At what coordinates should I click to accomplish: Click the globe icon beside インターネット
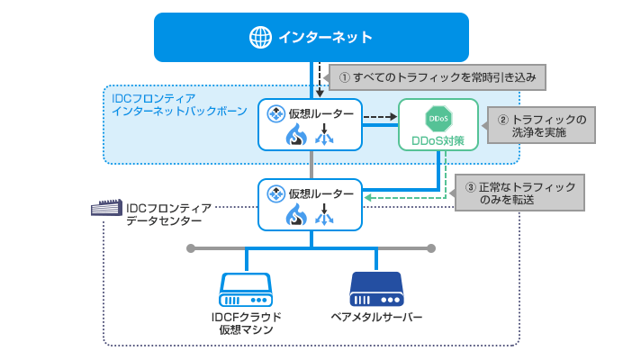(260, 37)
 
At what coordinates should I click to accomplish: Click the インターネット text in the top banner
(325, 37)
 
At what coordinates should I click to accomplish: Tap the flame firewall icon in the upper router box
(296, 136)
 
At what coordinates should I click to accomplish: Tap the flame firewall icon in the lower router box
(296, 216)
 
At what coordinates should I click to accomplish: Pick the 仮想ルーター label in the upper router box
(320, 112)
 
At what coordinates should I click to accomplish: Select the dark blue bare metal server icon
(376, 289)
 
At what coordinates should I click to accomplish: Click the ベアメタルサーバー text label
(376, 317)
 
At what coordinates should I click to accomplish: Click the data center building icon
(105, 209)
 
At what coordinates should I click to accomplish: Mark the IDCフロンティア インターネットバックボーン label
(167, 103)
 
